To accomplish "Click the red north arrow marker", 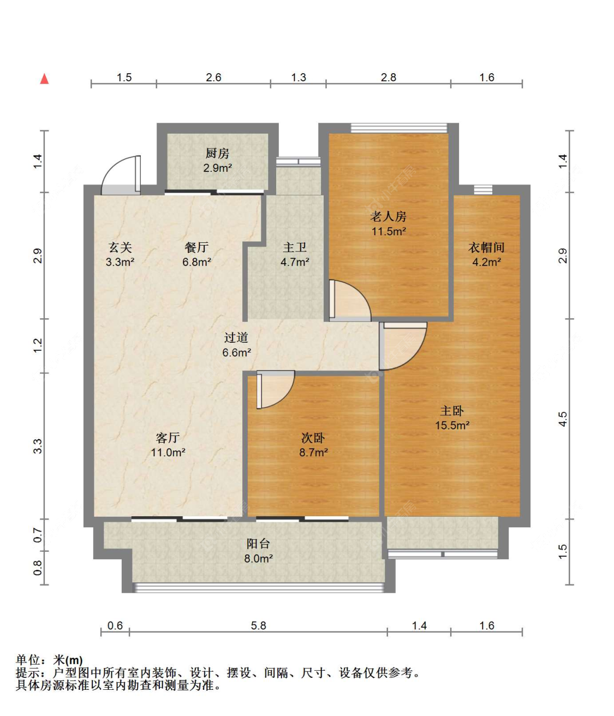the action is [x=44, y=79].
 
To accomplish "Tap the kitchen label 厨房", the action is [x=217, y=153].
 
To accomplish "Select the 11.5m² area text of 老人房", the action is [x=389, y=231].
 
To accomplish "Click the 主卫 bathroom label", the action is [x=295, y=247].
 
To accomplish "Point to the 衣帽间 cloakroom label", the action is [x=486, y=247].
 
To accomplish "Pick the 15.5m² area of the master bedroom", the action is [x=452, y=425].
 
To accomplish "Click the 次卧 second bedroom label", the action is [x=313, y=438].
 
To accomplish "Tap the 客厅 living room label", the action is [x=168, y=438].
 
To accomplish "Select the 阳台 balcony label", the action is [x=258, y=544].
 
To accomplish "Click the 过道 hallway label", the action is [x=236, y=337].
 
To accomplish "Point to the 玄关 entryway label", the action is [x=120, y=247].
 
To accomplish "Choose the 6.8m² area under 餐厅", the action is [x=197, y=262].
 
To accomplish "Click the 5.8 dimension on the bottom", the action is [x=259, y=625].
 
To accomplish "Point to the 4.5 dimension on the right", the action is [x=563, y=419].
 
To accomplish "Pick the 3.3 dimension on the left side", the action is [x=38, y=446].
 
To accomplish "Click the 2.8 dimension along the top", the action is [x=389, y=77].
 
